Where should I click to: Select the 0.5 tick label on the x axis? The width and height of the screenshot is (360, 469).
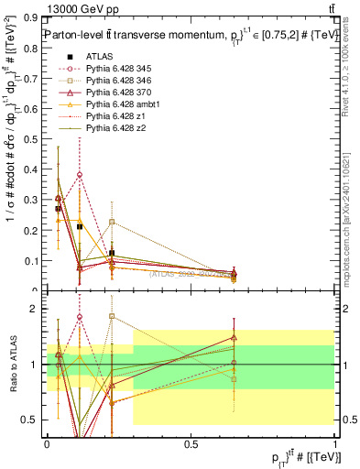pyautogui.click(x=191, y=443)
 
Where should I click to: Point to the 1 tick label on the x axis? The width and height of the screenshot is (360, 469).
pyautogui.click(x=333, y=443)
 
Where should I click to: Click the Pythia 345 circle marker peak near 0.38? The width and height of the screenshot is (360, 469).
pyautogui.click(x=80, y=174)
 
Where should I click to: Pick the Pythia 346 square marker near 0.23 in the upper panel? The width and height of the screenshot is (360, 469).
pyautogui.click(x=112, y=222)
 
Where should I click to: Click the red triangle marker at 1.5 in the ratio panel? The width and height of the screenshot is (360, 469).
pyautogui.click(x=235, y=337)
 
